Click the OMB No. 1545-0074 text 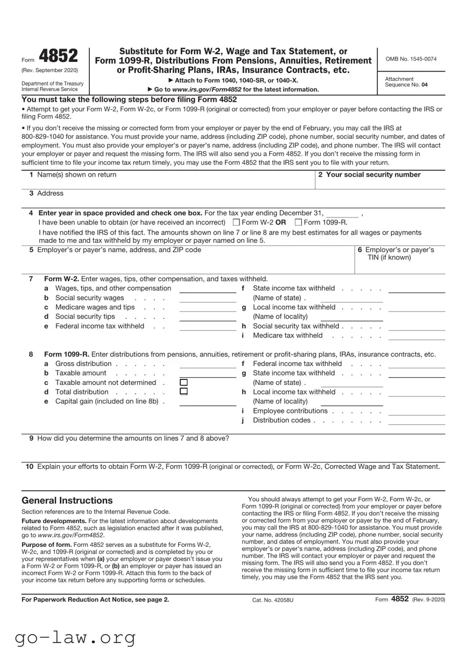pos(411,59)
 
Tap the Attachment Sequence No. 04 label pos(407,82)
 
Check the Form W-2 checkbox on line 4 pos(236,222)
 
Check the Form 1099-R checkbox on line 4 pos(299,222)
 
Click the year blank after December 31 pos(343,214)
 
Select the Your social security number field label pos(369,174)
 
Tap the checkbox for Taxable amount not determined pos(183,382)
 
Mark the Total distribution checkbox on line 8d pos(183,391)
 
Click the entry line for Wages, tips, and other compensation pos(208,291)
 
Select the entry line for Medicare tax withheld pos(416,338)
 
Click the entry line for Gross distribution pos(208,367)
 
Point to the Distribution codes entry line pos(416,423)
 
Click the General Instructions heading pos(67,501)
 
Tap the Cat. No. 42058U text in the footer pos(273,599)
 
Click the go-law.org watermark pos(75,637)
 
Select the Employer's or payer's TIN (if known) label pos(399,254)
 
